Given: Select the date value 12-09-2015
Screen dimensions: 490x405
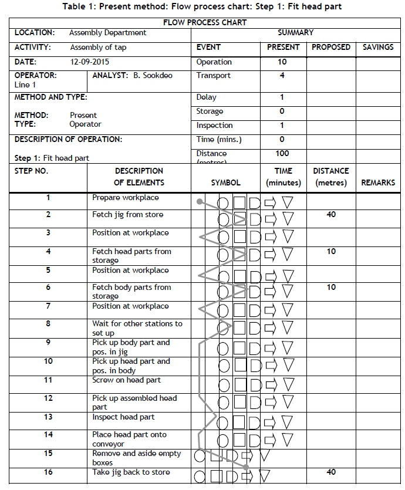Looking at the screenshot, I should click(89, 62).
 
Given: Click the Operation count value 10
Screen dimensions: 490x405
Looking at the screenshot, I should click(282, 62).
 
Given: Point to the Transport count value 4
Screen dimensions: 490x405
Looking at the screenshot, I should click(282, 76).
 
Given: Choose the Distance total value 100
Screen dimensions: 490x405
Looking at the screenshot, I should click(282, 153).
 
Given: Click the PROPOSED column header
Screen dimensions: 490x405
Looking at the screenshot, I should click(330, 47).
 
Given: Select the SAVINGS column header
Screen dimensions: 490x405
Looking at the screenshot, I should click(378, 47).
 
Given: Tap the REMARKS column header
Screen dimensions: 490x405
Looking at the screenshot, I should click(378, 183).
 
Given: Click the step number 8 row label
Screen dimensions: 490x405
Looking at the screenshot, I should click(48, 323).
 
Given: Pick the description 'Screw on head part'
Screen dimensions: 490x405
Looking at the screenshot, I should click(126, 380).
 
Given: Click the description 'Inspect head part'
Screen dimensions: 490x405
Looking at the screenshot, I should click(123, 417).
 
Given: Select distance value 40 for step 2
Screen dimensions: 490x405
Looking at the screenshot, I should click(331, 215).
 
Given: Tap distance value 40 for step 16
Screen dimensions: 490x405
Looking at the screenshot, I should click(331, 472).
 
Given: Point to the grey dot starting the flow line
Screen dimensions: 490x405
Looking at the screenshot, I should click(200, 202).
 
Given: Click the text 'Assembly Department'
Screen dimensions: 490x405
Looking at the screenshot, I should click(107, 33).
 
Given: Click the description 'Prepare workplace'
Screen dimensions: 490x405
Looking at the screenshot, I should click(125, 198).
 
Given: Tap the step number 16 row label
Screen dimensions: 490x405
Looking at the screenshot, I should click(48, 472).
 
